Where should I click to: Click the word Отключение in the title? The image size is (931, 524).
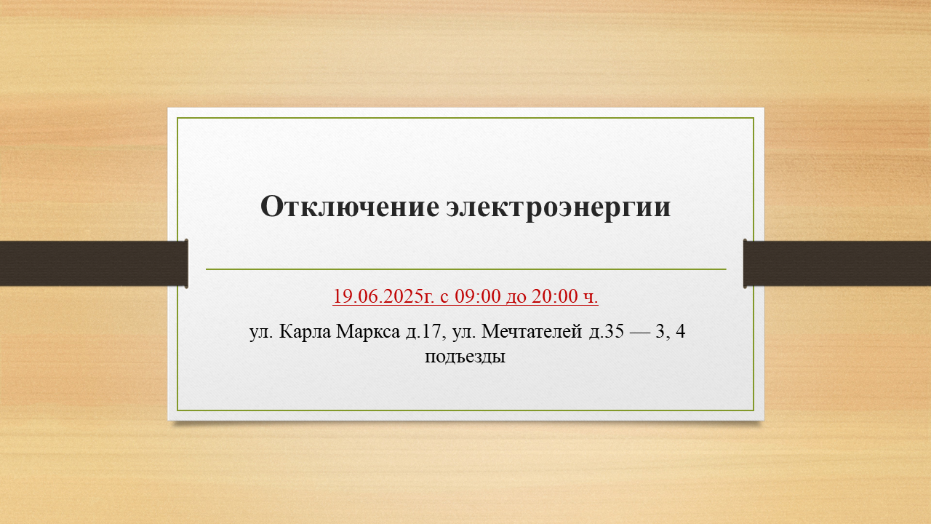(x=350, y=206)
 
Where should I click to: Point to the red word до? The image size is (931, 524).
(x=516, y=298)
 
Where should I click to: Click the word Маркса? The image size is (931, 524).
(x=367, y=332)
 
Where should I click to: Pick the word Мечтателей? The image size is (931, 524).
(x=532, y=332)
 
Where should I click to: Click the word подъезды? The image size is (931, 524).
(x=465, y=357)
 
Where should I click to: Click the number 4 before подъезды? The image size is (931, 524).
(x=680, y=331)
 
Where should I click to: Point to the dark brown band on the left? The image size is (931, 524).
(x=94, y=263)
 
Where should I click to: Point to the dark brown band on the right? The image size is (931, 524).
(x=837, y=263)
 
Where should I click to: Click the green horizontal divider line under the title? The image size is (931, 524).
(x=466, y=269)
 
